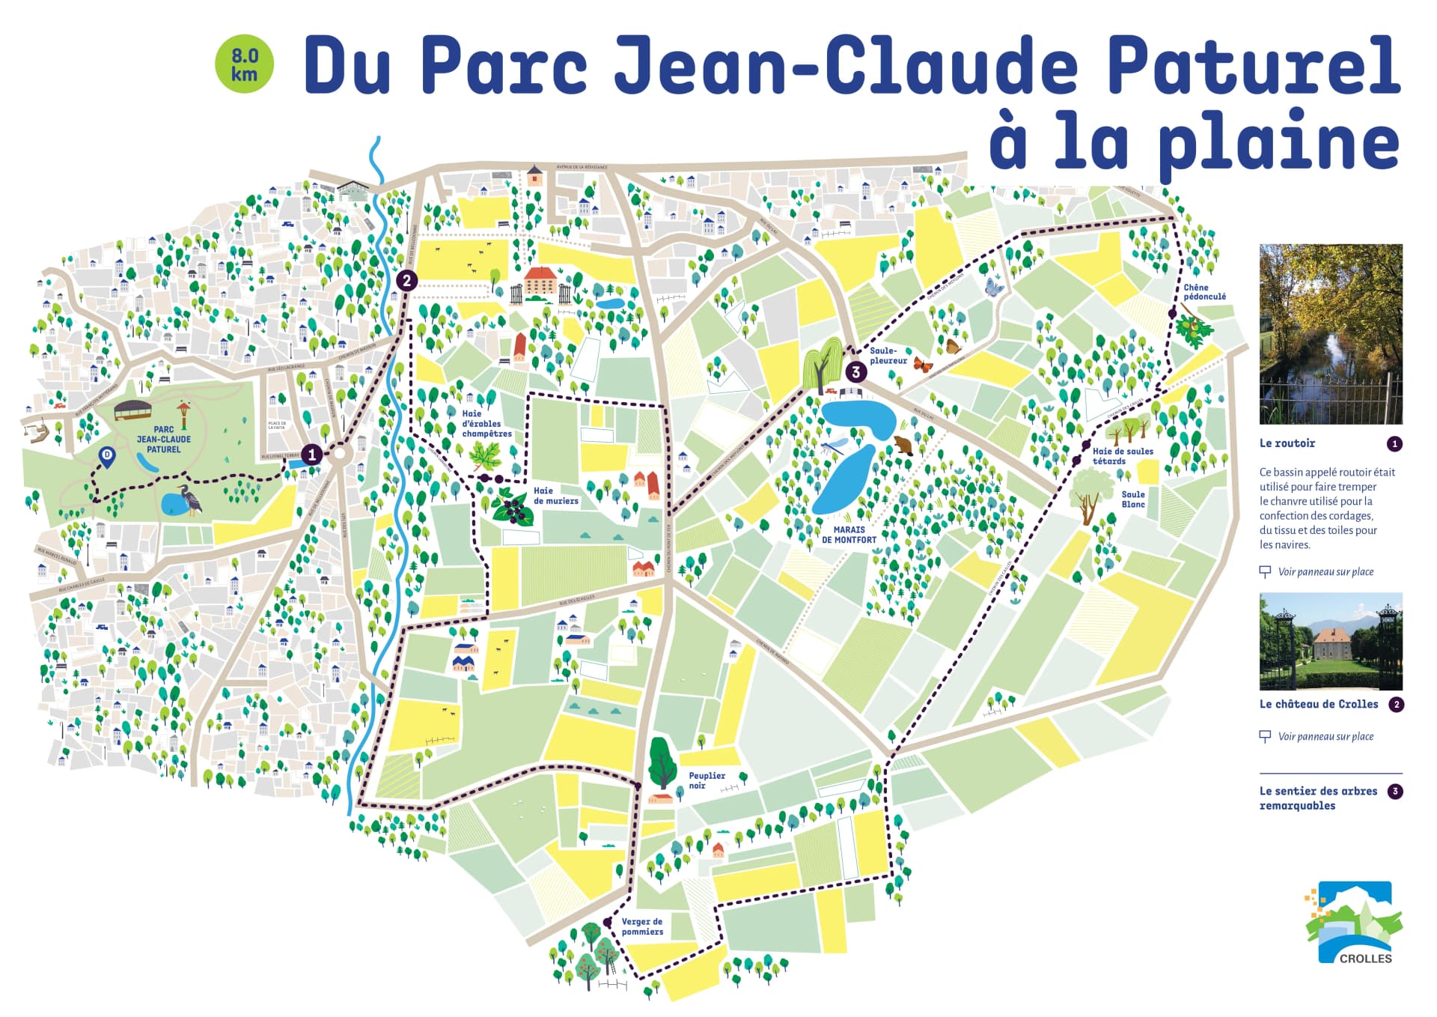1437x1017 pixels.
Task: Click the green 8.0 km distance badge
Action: point(244,65)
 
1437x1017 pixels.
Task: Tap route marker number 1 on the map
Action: point(312,454)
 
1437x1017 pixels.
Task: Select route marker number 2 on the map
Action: point(406,281)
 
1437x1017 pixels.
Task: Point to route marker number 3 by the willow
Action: point(856,371)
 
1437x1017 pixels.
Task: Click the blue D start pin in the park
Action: point(107,456)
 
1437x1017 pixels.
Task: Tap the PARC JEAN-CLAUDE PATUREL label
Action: point(163,440)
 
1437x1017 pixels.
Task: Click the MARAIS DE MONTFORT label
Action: point(849,535)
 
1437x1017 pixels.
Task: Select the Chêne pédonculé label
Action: point(1204,292)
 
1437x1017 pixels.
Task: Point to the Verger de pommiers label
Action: point(642,926)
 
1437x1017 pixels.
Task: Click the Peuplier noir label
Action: point(707,780)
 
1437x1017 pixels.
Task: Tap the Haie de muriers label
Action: point(555,496)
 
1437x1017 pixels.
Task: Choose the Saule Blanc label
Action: point(1133,499)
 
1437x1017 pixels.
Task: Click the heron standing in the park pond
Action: point(191,499)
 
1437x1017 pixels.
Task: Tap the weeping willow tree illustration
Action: point(822,364)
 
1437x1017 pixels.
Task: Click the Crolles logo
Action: point(1354,923)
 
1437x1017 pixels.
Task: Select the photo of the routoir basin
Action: point(1331,334)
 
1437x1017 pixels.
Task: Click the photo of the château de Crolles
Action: point(1331,641)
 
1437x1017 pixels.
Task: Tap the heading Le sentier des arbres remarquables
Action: point(1318,798)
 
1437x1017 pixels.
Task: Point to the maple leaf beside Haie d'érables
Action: point(485,455)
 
